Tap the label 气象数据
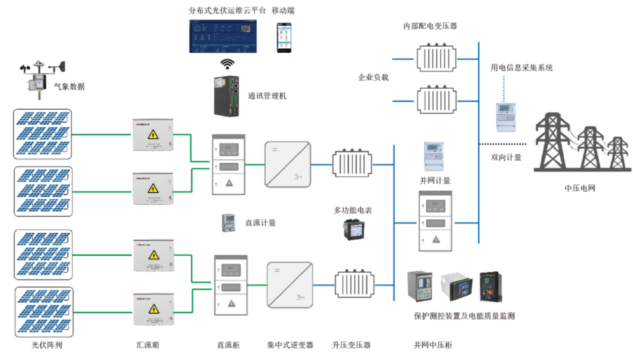[69, 87]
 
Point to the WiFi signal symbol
[227, 64]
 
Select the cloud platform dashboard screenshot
[226, 37]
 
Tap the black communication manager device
[228, 95]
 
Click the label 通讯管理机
[267, 96]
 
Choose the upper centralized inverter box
[287, 164]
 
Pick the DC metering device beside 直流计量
[228, 223]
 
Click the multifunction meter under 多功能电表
[353, 229]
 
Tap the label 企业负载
[373, 78]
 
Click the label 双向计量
[506, 157]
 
